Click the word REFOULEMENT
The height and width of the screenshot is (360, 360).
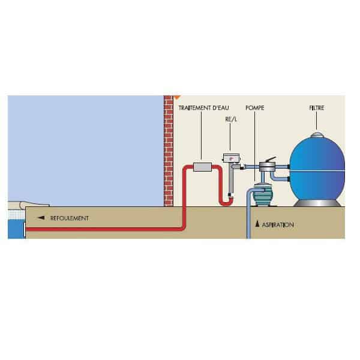point(70,218)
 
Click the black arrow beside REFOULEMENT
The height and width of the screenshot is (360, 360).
point(41,218)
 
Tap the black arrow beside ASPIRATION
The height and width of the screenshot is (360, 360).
point(258,224)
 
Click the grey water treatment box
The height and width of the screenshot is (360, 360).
point(202,166)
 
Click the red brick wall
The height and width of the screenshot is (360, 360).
point(169,150)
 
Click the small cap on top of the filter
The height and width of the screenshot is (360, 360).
point(317,136)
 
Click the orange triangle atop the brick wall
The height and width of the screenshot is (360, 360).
point(176,95)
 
